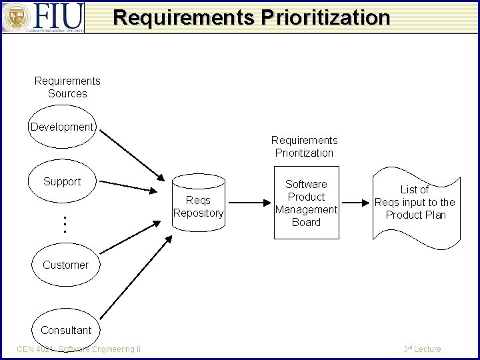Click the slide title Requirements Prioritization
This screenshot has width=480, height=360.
click(251, 17)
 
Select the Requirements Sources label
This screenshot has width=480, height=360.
click(67, 87)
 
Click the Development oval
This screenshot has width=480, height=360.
click(63, 127)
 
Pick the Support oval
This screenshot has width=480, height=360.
click(62, 181)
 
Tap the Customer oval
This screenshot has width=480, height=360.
click(65, 265)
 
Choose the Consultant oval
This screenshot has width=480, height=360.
click(65, 330)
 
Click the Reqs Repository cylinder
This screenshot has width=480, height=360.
click(198, 207)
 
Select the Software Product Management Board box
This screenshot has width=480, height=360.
click(306, 203)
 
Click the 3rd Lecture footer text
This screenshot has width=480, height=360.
click(422, 349)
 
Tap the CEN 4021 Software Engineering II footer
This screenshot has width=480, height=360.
click(79, 349)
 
